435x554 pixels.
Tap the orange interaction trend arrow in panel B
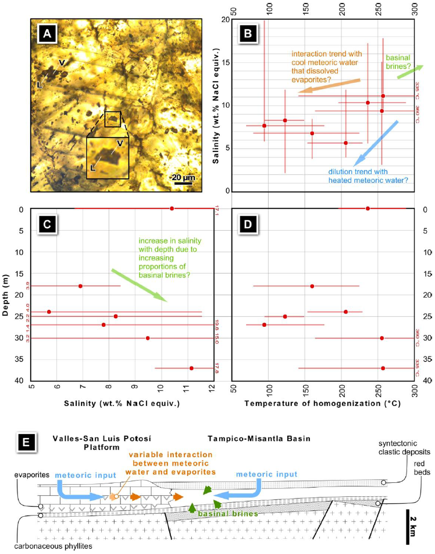tap(329, 86)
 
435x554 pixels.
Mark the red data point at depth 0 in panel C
tap(172, 209)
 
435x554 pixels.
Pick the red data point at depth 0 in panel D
tap(368, 209)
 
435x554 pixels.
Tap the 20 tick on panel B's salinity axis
tap(220, 20)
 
